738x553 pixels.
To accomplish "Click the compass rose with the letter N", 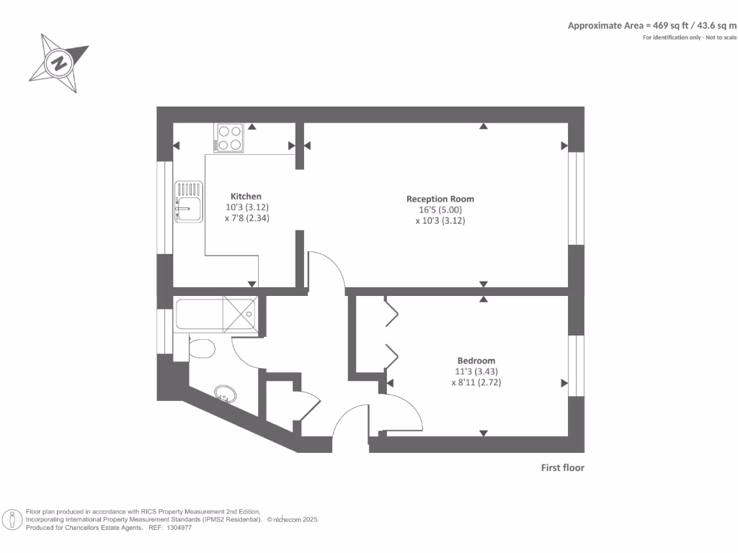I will coord(58,63).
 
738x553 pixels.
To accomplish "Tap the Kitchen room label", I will coord(246,197).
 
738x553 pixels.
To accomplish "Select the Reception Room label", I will coord(440,199).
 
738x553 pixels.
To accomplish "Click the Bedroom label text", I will coord(476,361).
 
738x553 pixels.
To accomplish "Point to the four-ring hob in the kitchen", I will coord(230,138).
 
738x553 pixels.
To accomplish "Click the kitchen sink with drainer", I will coord(188,202).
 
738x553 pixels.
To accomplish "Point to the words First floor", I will coord(562,468).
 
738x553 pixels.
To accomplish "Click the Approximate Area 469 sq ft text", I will coord(652,25).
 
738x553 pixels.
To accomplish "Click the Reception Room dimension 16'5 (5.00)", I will coord(440,210).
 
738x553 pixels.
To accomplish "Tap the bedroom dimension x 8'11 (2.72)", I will coord(476,383).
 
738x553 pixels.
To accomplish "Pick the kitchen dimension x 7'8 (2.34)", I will coord(246,218).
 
